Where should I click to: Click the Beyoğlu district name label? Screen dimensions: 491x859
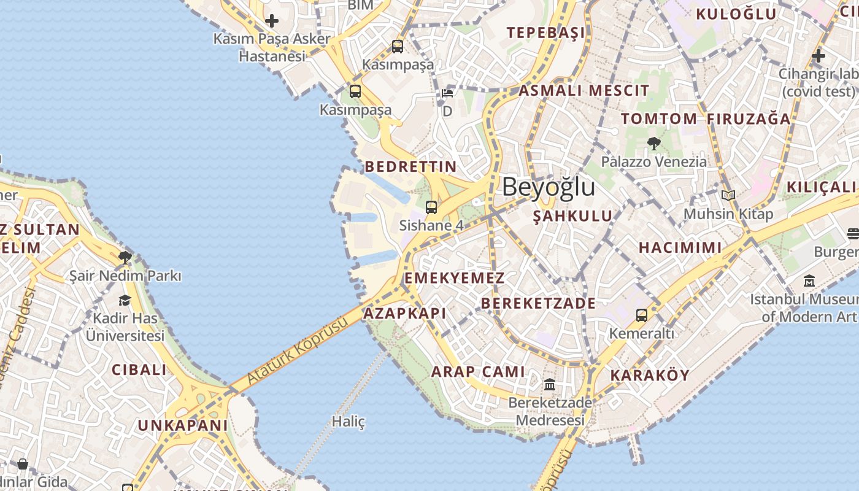[x=549, y=187]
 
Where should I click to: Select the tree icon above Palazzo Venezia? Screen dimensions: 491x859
[x=653, y=144]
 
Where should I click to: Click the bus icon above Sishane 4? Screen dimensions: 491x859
[x=431, y=207]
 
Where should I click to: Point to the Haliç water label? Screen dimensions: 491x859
[x=349, y=422]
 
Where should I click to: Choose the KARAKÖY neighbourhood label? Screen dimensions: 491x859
[x=650, y=375]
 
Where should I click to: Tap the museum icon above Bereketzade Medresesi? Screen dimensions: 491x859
[x=550, y=385]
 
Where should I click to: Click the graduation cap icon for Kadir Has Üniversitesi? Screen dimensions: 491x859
[x=125, y=300]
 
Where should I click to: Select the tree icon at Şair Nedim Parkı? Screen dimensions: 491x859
[x=125, y=257]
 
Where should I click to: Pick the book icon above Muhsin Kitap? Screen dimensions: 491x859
[x=728, y=196]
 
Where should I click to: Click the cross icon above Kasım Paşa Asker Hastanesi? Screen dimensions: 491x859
[x=271, y=21]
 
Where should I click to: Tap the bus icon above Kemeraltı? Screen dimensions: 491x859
[x=641, y=315]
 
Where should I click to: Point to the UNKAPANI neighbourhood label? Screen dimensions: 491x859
[x=182, y=425]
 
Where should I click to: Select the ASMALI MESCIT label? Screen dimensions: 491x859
[x=584, y=91]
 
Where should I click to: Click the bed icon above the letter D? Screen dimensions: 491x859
[x=447, y=93]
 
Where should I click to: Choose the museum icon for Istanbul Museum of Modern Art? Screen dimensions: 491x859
[x=809, y=281]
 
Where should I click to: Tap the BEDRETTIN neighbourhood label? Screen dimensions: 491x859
[x=410, y=166]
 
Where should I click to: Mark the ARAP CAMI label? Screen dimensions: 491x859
[x=478, y=371]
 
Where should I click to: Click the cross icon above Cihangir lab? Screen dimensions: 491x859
[x=818, y=56]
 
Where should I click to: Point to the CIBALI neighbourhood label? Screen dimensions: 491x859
[x=139, y=369]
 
